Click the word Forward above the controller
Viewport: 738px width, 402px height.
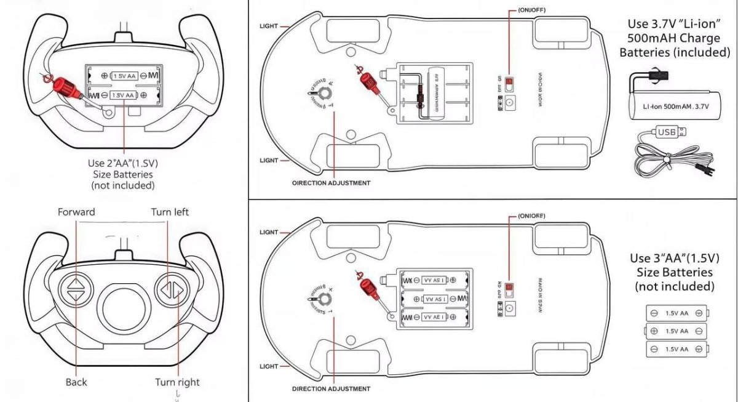[76, 212]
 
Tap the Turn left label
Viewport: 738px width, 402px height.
[170, 212]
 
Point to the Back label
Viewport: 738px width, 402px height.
[76, 382]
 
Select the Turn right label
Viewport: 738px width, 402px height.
[177, 382]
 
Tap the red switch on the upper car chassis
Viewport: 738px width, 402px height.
[509, 86]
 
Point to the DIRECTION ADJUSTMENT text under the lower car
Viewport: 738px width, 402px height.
[331, 389]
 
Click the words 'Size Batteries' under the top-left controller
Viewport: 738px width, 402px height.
[122, 175]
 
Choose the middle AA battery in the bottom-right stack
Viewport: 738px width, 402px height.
[676, 331]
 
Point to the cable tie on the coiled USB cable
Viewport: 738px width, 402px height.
[665, 163]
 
